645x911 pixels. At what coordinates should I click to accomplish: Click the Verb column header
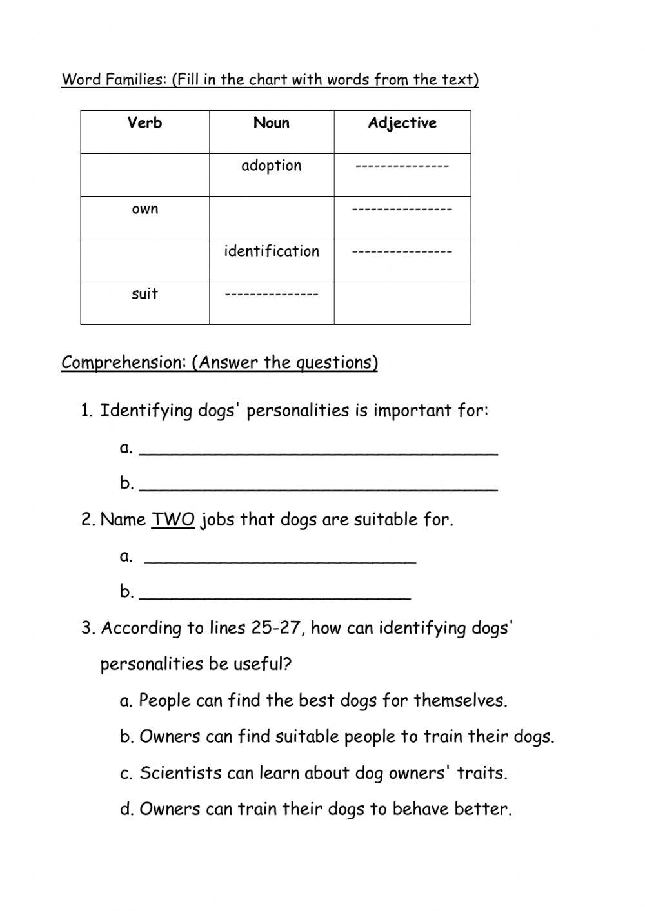coord(144,123)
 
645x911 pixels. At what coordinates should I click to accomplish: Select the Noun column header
coord(272,123)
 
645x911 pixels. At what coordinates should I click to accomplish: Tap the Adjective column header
coord(402,123)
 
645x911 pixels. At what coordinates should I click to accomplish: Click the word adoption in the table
coord(272,166)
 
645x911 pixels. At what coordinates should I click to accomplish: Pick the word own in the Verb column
coord(144,209)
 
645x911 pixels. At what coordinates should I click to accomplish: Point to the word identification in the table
coord(272,251)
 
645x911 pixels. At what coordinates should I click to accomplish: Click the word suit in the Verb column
coord(144,294)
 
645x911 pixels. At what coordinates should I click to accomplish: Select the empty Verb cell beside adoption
coord(144,175)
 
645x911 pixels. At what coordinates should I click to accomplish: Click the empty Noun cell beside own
coord(272,217)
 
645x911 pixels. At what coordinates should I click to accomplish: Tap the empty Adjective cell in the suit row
coord(402,302)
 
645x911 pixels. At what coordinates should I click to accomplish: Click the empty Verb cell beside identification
coord(144,260)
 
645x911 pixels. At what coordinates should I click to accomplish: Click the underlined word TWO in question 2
coord(173,520)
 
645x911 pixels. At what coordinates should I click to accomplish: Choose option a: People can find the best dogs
coord(313,701)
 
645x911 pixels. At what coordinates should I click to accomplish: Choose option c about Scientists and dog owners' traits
coord(313,773)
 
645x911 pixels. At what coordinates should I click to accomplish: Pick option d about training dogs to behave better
coord(315,809)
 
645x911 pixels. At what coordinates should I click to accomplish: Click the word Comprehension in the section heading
coord(123,362)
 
